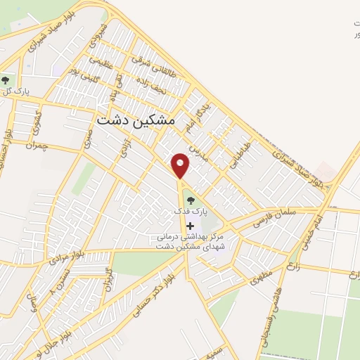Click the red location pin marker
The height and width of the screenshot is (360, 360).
(181, 166)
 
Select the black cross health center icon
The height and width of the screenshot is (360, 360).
(189, 225)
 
